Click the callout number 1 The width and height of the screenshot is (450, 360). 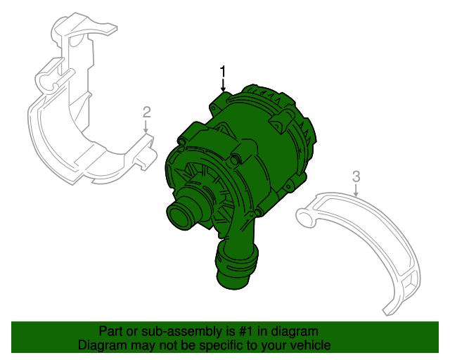224,71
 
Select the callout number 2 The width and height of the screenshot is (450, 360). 146,111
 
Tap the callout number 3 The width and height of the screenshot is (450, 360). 356,175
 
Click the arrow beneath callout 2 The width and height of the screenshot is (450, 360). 146,127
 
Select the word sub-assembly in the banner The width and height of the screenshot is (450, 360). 179,331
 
